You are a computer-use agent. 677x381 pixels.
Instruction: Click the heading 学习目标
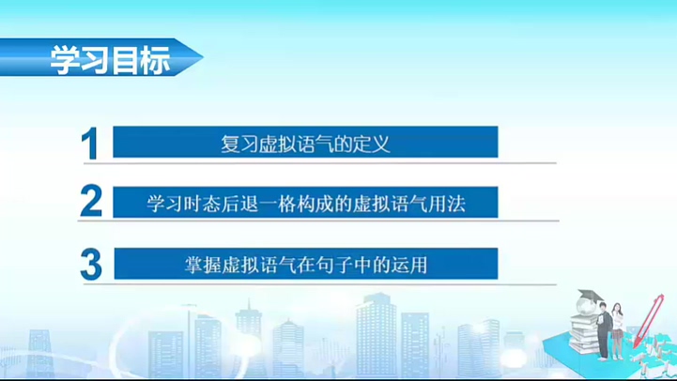click(x=110, y=60)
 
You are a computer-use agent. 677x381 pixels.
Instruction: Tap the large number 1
click(x=90, y=144)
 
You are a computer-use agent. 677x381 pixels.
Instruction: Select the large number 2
click(x=91, y=201)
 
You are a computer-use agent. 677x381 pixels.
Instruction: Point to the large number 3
click(x=91, y=264)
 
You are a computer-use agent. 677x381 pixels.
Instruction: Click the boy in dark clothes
click(x=604, y=330)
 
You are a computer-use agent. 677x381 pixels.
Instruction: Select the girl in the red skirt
click(x=618, y=331)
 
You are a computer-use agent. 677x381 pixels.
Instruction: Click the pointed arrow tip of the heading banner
click(x=203, y=57)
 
